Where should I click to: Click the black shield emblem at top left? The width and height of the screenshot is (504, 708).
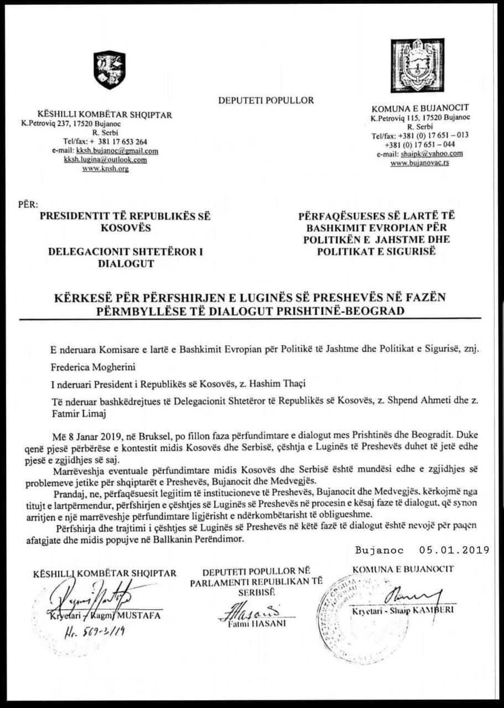pyautogui.click(x=110, y=70)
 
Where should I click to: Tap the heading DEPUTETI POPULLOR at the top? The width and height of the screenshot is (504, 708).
pyautogui.click(x=266, y=101)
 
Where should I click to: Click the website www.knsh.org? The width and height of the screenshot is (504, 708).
pyautogui.click(x=105, y=169)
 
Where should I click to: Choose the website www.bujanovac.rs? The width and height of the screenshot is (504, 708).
pyautogui.click(x=419, y=163)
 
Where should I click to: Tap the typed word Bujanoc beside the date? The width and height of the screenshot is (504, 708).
pyautogui.click(x=381, y=550)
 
